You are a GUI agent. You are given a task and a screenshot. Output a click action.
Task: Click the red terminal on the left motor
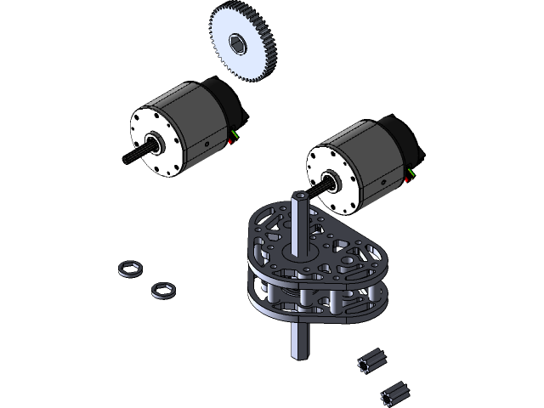tap(231, 141)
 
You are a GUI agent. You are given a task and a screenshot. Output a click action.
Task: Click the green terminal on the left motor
tap(235, 133)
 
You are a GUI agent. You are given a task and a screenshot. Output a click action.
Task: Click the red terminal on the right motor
tap(408, 179)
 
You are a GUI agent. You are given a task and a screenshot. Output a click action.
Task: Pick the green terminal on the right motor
tap(412, 173)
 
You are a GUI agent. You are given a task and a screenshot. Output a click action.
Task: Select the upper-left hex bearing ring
tap(130, 269)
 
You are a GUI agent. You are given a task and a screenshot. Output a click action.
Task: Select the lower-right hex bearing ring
tap(162, 290)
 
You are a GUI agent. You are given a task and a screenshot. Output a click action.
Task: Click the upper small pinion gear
tap(371, 362)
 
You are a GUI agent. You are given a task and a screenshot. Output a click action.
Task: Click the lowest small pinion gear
tap(393, 393)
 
